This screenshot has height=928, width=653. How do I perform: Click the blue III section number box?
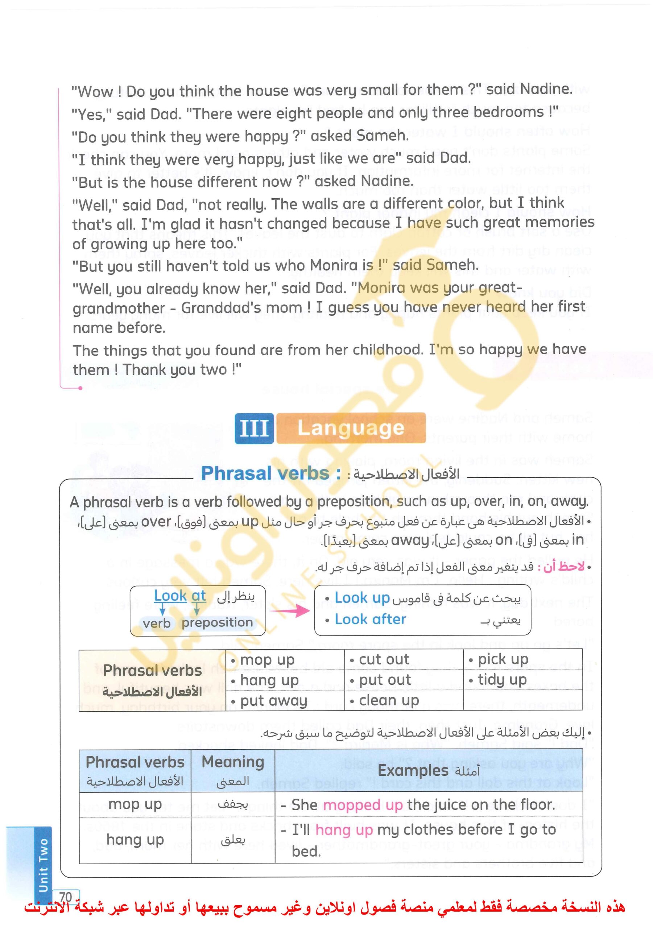tap(254, 428)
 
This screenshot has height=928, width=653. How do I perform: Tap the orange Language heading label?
tap(350, 428)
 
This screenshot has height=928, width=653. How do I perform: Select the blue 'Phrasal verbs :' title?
tap(271, 473)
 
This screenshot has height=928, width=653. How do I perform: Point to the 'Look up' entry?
tap(362, 598)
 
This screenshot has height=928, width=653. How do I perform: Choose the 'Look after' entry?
tap(370, 619)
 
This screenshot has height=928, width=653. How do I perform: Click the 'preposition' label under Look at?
tap(217, 622)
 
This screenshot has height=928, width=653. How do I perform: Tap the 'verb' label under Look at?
tap(157, 623)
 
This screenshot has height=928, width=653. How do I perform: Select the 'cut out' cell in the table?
tap(384, 660)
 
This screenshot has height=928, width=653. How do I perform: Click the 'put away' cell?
tap(274, 700)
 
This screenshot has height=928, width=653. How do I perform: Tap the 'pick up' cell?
tap(503, 659)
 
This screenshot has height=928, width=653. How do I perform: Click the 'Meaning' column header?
tap(232, 762)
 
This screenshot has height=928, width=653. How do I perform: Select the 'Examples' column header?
tap(412, 770)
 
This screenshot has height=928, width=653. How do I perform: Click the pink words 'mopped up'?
tap(363, 805)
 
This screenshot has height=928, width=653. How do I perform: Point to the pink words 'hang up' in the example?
tap(344, 830)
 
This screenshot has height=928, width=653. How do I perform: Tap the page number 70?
tap(66, 897)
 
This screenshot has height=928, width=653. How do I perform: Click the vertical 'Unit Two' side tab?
tap(43, 865)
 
